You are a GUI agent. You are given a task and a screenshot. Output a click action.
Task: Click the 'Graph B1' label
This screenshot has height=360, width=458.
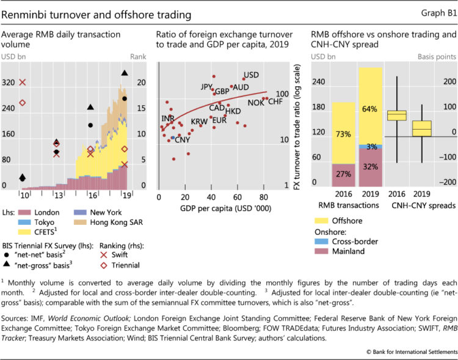(438, 13)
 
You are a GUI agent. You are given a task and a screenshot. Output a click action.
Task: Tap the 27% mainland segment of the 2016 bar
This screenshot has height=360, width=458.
(344, 174)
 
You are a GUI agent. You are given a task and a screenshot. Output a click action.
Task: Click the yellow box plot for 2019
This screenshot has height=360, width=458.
(421, 128)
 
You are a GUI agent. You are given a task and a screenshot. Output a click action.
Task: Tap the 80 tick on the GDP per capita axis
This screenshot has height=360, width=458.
(263, 197)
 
